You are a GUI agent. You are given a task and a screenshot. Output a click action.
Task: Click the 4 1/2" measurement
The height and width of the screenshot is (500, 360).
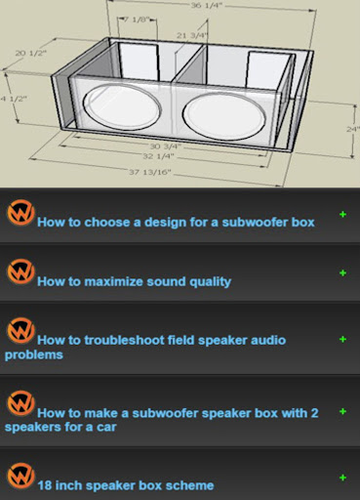(x=15, y=99)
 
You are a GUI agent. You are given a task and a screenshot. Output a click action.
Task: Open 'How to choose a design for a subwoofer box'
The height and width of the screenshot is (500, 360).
(x=176, y=222)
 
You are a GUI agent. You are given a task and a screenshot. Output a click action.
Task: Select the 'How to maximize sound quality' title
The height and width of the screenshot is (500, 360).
(x=134, y=281)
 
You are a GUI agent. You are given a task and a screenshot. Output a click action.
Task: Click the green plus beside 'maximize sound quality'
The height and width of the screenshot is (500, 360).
(x=342, y=272)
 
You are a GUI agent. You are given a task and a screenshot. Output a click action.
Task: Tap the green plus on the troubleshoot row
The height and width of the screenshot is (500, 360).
(x=342, y=339)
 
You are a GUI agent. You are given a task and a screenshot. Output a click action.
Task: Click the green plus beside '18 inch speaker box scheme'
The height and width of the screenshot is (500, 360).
(x=342, y=477)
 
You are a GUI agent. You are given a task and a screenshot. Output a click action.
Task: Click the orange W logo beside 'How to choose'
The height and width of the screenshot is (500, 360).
(x=20, y=213)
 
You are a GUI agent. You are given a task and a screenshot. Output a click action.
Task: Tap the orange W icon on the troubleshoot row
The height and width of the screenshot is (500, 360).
(x=20, y=330)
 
